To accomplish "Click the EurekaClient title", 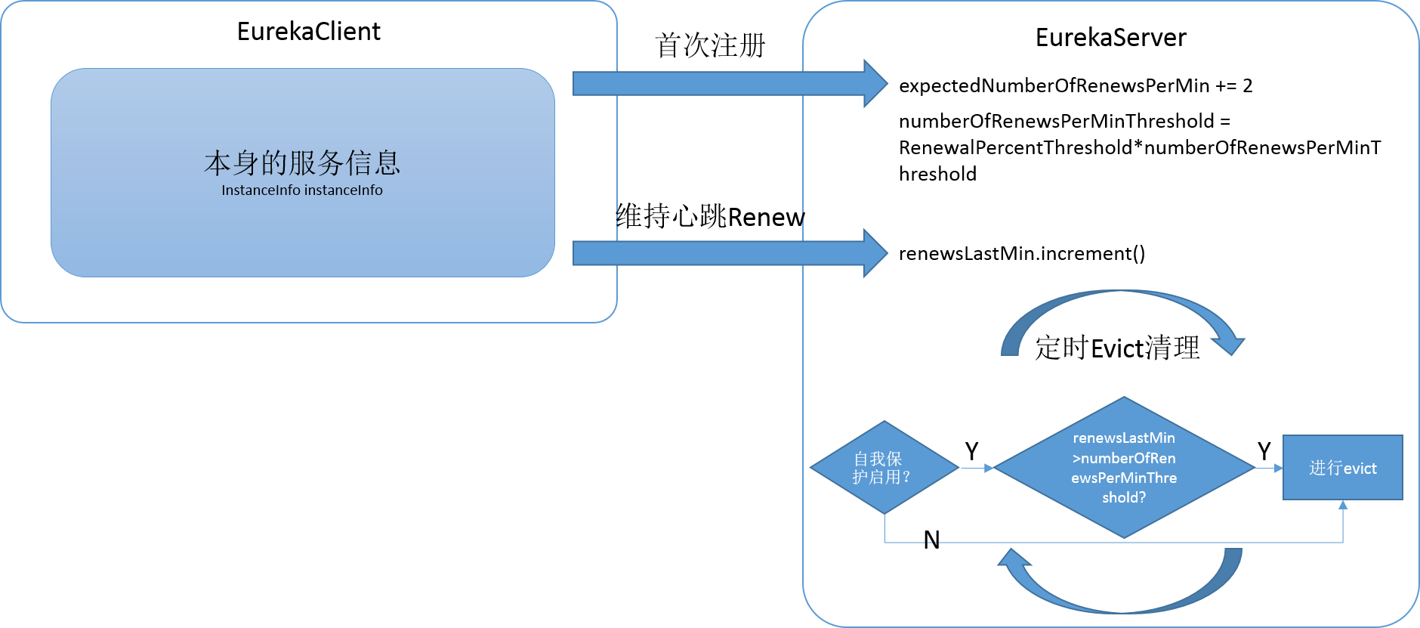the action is click(308, 32).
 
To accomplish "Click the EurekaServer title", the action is click(1110, 38).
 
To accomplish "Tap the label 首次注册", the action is click(710, 45).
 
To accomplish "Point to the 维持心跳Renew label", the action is click(710, 217).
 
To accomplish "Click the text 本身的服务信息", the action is click(302, 162).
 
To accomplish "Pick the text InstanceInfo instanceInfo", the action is click(302, 190).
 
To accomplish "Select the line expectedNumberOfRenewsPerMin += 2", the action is click(1076, 86).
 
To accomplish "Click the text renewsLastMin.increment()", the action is click(1022, 254).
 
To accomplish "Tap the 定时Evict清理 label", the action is click(1117, 348).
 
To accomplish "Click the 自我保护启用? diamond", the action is click(884, 468).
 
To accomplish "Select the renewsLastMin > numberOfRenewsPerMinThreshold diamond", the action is click(1124, 467).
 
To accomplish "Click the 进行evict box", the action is click(1343, 468).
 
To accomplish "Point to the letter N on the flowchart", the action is click(931, 540).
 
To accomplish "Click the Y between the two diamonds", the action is click(971, 451).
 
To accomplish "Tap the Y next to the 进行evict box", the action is click(1264, 451).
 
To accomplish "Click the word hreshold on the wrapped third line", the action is click(937, 174).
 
